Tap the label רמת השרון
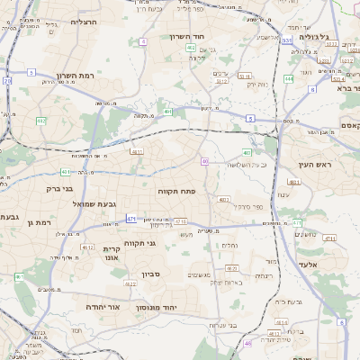[75, 76]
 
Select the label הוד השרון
[187, 37]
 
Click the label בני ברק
[60, 189]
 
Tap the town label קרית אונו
[112, 253]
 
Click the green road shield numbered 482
[40, 120]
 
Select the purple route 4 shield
[143, 41]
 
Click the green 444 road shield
[288, 78]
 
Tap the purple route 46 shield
[247, 343]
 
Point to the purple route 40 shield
[205, 161]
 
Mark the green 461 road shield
[66, 171]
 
